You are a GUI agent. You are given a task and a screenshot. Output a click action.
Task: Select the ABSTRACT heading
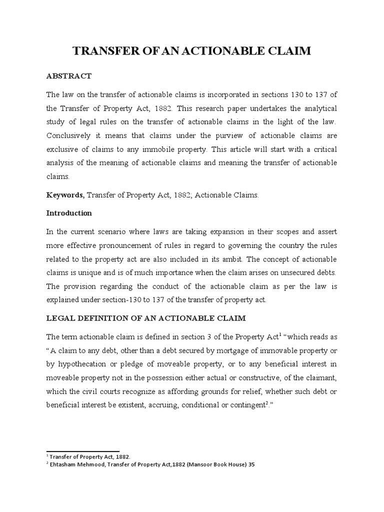(68, 76)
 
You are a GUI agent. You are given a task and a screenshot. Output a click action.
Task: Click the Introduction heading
(69, 213)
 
